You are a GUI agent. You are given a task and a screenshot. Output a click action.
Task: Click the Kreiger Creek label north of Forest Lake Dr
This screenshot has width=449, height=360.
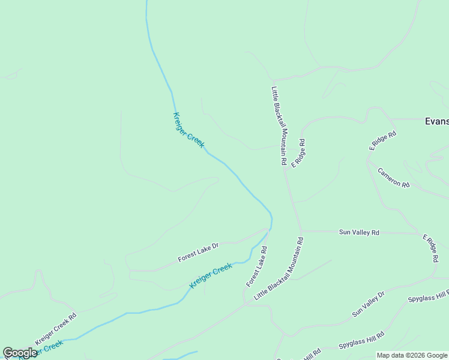point(188,130)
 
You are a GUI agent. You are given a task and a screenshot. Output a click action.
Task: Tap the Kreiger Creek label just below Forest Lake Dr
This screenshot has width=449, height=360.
point(211,276)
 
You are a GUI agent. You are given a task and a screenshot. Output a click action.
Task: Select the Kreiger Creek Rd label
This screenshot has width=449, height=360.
point(56,329)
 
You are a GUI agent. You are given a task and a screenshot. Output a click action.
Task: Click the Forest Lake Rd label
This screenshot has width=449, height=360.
point(256,266)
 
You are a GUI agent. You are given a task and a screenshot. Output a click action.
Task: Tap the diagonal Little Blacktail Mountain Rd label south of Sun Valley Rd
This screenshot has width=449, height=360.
point(279,268)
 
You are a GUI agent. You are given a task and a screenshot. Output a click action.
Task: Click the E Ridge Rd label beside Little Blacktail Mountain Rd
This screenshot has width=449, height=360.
point(298,153)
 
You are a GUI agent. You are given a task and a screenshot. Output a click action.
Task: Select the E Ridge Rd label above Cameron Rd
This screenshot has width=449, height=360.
point(383,140)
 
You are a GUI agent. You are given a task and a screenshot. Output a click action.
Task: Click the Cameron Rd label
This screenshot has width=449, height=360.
point(393,178)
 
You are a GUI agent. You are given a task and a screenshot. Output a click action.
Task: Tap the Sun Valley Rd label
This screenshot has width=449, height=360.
point(359,232)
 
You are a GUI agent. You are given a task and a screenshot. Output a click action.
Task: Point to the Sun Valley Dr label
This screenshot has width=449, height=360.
point(368,304)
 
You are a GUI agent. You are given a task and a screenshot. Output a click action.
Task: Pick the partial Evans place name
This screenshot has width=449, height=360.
point(436,121)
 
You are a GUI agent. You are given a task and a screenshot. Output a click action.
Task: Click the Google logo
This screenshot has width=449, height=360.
point(19,353)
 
